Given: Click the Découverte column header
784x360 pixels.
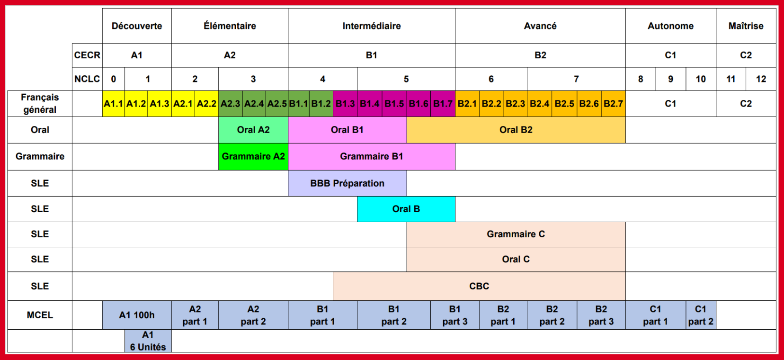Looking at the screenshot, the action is pos(137,26).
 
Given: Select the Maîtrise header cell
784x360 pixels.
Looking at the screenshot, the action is pos(746,26).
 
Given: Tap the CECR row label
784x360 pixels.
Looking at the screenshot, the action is pos(87,55).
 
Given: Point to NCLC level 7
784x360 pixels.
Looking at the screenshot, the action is pos(576,79).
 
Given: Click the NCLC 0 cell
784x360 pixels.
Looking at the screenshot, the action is pos(114,79).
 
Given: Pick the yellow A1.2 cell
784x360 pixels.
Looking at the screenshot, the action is pos(136,104).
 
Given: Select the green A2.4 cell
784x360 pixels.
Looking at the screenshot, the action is pos(254,104).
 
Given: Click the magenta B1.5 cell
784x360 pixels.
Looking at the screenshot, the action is pos(394,104).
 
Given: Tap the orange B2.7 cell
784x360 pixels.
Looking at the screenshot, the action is pos(613,104).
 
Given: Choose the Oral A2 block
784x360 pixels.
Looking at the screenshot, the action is pos(253,130).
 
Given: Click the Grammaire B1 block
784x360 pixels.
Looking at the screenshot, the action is pos(372,156).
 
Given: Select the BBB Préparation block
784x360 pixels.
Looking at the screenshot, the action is pos(347,183).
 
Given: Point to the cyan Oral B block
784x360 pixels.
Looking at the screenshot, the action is pos(406,209).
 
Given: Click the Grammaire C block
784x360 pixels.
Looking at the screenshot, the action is pos(516,234).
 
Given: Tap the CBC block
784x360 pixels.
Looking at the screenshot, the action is pos(479,286).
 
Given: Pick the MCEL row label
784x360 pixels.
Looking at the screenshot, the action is pos(40,315).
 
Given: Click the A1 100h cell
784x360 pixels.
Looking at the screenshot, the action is pos(137,315).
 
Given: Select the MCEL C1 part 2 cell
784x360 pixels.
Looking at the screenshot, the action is pos(701,315).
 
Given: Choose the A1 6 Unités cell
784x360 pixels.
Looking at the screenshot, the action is pos(148,341).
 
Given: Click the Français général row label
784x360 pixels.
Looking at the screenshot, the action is pos(40,104).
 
